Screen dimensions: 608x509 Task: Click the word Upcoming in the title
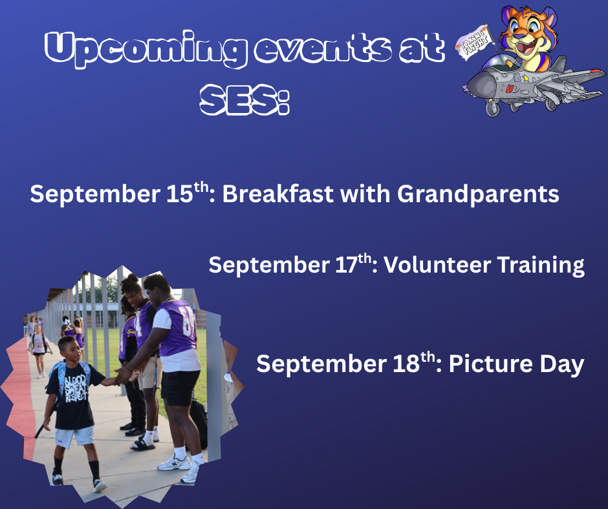click(x=146, y=49)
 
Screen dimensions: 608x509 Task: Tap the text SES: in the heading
click(x=244, y=99)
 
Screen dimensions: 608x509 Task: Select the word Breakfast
click(x=277, y=193)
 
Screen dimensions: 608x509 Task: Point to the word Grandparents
click(x=478, y=194)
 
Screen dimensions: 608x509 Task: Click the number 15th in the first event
click(x=188, y=192)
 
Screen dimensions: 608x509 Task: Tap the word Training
click(x=541, y=265)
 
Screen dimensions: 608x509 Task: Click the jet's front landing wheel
click(x=493, y=109)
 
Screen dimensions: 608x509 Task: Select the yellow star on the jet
click(x=525, y=78)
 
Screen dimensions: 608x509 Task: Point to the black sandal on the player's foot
click(x=142, y=445)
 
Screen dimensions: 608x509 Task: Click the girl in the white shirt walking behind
click(x=39, y=351)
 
